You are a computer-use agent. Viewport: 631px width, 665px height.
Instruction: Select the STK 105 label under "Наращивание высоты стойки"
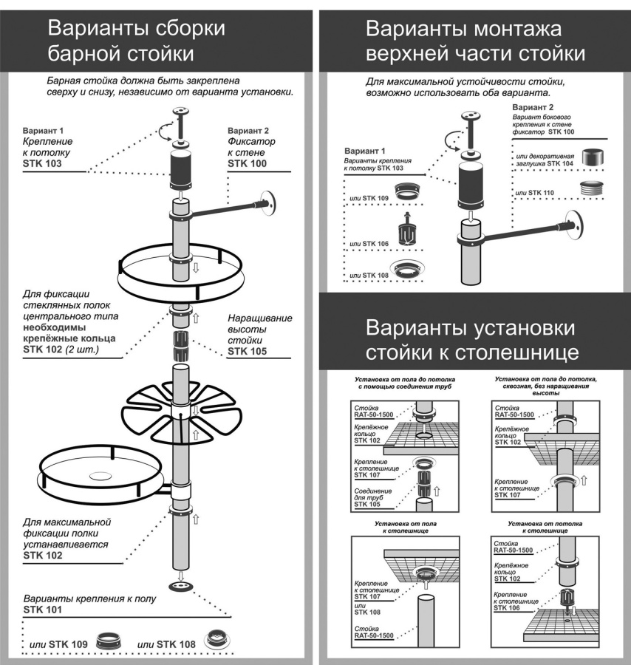(249, 352)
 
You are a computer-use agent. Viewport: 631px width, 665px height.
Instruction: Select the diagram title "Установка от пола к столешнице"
(401, 527)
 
